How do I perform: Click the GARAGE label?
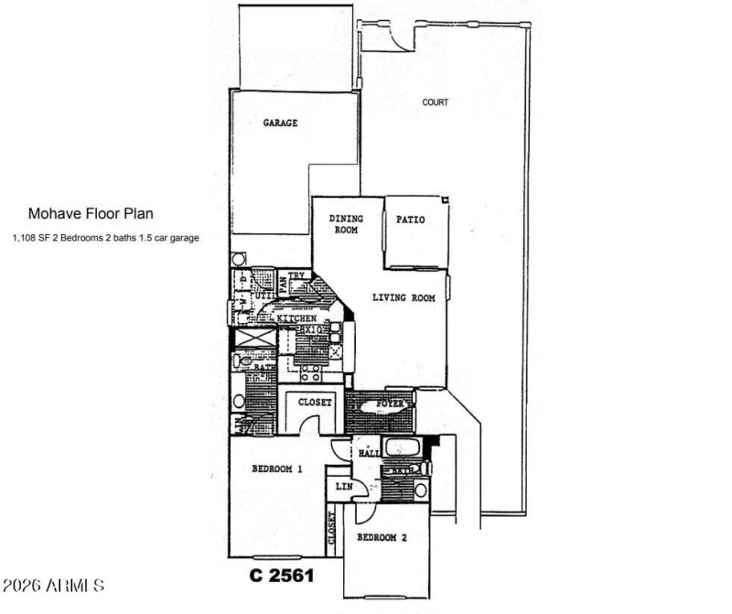[281, 123]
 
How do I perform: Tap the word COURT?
[435, 102]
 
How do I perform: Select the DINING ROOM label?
[346, 224]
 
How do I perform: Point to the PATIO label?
[410, 220]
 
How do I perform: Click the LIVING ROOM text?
[403, 297]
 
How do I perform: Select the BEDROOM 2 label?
[382, 538]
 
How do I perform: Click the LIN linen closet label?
[343, 486]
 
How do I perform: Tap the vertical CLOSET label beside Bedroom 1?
[332, 531]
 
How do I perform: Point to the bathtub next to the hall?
[403, 449]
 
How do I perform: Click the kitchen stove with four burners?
[311, 370]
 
